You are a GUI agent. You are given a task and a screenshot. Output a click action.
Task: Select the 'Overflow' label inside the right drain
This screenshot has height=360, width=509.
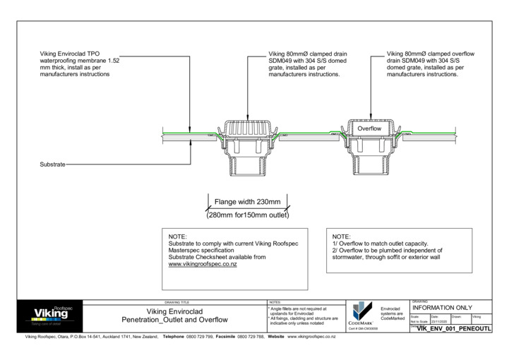[x=369, y=130]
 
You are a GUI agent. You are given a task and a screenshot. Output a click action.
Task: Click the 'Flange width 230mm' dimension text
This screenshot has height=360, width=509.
[x=247, y=202]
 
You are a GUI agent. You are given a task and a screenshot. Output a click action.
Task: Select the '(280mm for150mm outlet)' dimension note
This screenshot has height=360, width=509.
[x=247, y=215]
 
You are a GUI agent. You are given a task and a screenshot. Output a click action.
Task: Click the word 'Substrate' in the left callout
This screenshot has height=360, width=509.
[x=52, y=164]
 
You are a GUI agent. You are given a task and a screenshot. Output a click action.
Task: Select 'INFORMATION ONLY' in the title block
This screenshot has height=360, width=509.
[x=442, y=308]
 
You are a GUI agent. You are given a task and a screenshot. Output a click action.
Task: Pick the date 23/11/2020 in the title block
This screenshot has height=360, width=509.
[x=439, y=321]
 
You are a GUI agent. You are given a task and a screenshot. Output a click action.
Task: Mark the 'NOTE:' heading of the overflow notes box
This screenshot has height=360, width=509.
[x=341, y=236]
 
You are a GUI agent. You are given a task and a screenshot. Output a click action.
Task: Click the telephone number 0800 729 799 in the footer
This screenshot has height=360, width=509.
[x=199, y=337]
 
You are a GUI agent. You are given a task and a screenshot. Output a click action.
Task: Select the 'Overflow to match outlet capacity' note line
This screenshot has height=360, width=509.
[x=380, y=244]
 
